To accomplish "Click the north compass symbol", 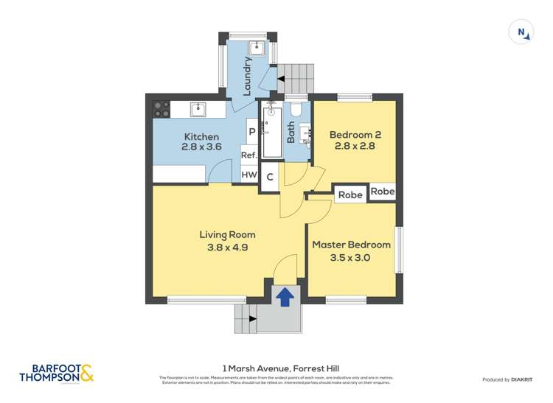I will pyautogui.click(x=521, y=32).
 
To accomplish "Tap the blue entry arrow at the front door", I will pyautogui.click(x=285, y=295).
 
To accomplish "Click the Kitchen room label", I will pyautogui.click(x=201, y=136).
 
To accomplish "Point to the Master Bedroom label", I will pyautogui.click(x=351, y=245).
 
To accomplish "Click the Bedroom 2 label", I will pyautogui.click(x=355, y=135).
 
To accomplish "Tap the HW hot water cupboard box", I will pyautogui.click(x=249, y=175).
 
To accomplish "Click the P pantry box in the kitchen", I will pyautogui.click(x=251, y=132).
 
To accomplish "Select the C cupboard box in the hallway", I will pyautogui.click(x=271, y=177).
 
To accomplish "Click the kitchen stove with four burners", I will pyautogui.click(x=161, y=109).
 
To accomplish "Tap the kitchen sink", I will pyautogui.click(x=197, y=110).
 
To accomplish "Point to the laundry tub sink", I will pyautogui.click(x=256, y=49).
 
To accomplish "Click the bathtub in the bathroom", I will pyautogui.click(x=271, y=132).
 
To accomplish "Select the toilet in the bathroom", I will pyautogui.click(x=296, y=110).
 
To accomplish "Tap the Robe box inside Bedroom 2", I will pyautogui.click(x=383, y=191).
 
